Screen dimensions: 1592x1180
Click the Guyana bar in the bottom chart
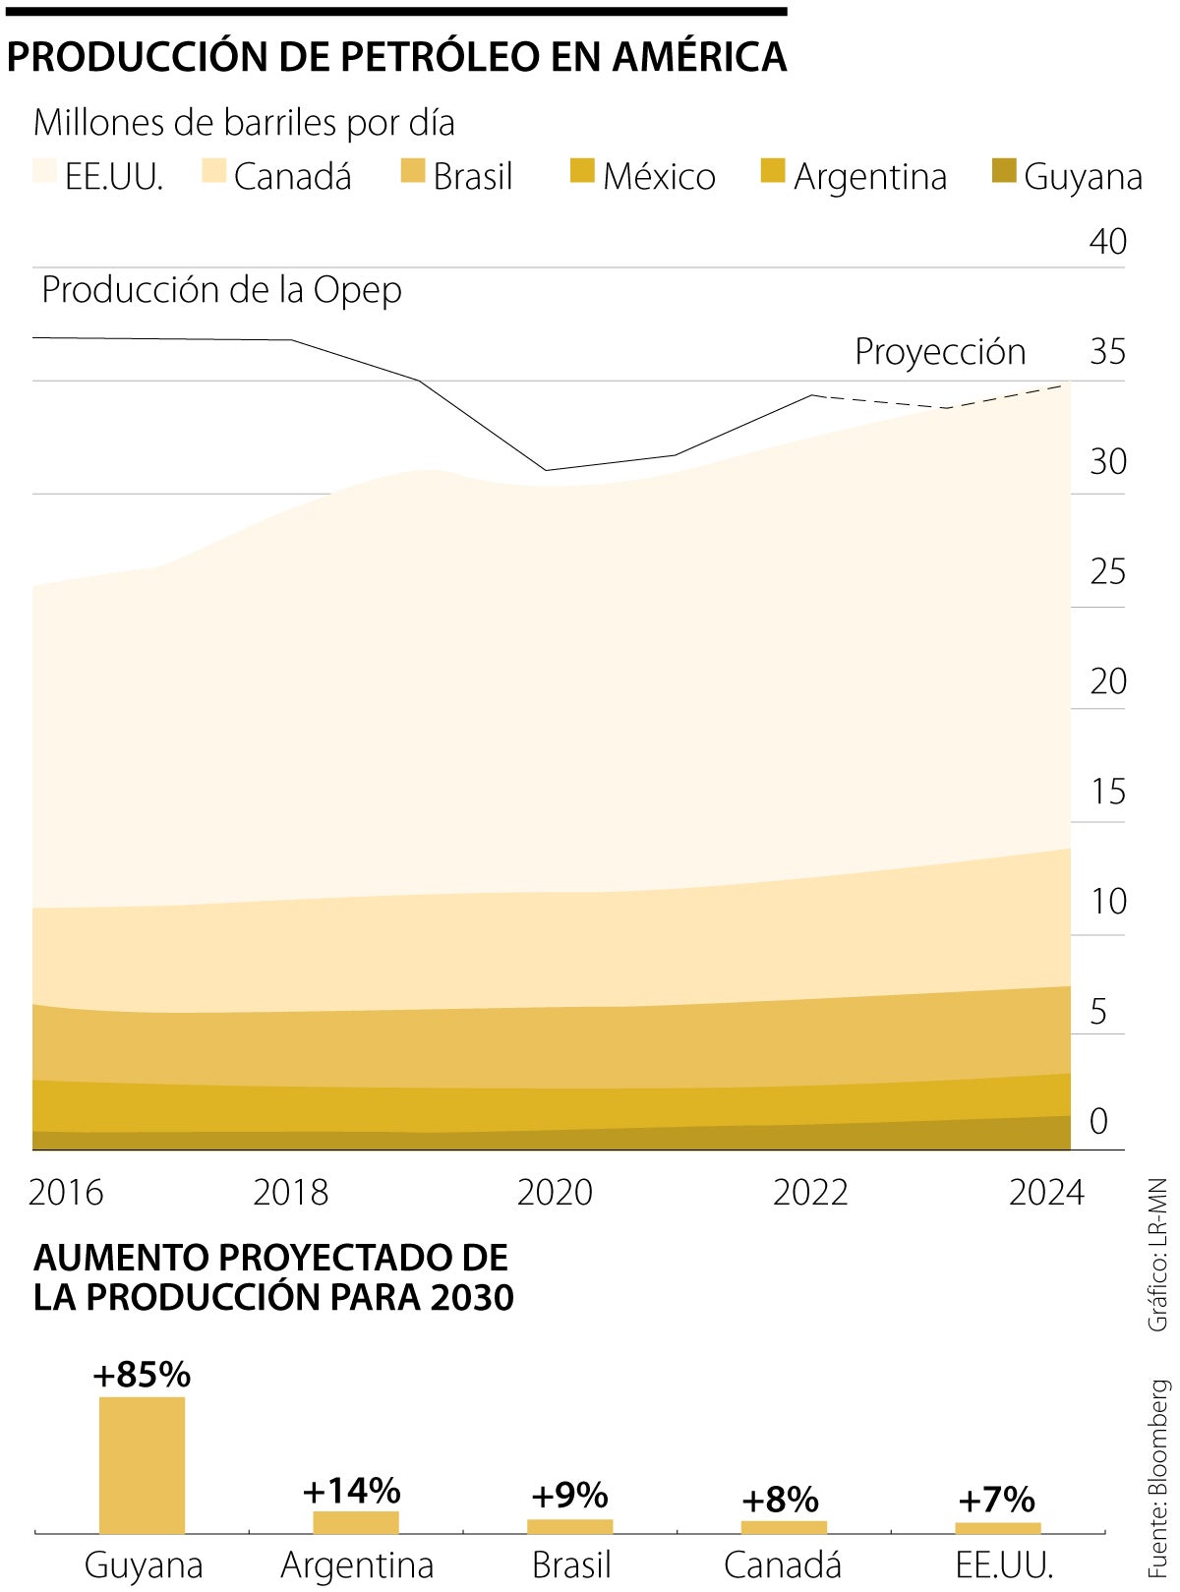tap(142, 1463)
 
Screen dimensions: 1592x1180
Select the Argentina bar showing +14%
tap(356, 1521)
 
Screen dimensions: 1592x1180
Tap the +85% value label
tap(142, 1374)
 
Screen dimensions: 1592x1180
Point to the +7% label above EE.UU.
tap(996, 1500)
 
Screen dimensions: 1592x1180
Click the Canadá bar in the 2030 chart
tap(784, 1526)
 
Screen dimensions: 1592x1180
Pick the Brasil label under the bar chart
tap(571, 1564)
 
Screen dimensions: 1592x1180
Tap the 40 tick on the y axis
tap(1107, 242)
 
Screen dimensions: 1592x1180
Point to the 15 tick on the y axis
tap(1107, 792)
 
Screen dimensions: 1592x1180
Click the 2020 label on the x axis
tap(555, 1192)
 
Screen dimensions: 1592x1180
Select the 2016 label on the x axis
tap(66, 1192)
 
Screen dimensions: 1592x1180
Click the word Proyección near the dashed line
tap(940, 352)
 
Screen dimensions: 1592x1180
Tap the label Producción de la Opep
tap(221, 290)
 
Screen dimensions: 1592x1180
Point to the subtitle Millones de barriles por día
tap(244, 123)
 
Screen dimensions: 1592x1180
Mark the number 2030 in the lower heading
tap(472, 1298)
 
